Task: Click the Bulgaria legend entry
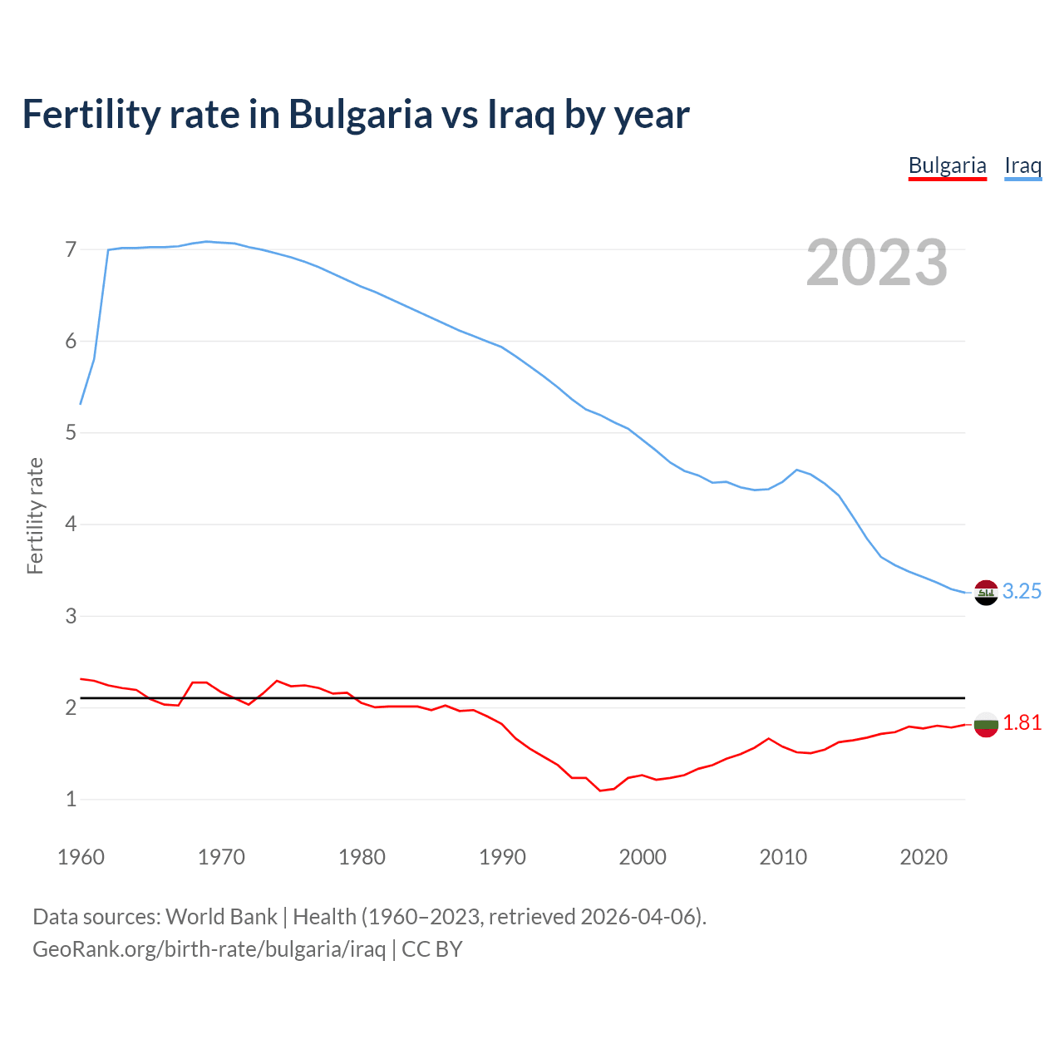(x=947, y=165)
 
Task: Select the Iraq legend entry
(x=1022, y=165)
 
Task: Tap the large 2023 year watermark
(x=877, y=263)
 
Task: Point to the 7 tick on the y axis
(x=71, y=249)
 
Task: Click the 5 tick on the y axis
(x=71, y=433)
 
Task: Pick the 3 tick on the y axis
(x=71, y=616)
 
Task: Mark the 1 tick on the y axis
(x=71, y=800)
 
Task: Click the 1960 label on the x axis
(x=81, y=857)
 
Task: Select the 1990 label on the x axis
(x=502, y=857)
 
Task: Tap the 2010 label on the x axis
(x=783, y=857)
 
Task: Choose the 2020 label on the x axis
(x=924, y=857)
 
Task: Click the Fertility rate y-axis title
(x=35, y=515)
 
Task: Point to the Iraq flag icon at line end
(x=986, y=592)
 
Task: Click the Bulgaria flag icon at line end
(x=986, y=724)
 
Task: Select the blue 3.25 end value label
(x=1022, y=591)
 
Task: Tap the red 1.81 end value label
(x=1022, y=723)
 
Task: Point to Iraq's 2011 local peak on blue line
(x=796, y=470)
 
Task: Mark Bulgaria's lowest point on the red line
(x=600, y=791)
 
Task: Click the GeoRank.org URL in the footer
(x=209, y=949)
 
